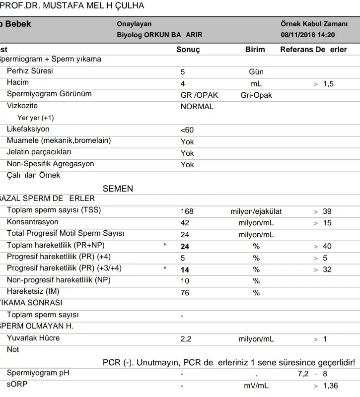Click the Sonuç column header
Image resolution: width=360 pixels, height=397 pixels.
click(188, 50)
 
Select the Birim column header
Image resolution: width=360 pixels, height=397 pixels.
click(255, 50)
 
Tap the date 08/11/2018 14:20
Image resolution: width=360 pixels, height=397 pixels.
click(307, 35)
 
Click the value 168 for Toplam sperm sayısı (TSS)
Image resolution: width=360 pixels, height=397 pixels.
click(187, 211)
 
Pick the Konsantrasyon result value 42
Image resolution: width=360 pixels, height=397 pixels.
click(185, 223)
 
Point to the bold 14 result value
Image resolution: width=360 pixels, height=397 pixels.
click(185, 269)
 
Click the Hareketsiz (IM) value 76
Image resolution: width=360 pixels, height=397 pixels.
click(185, 293)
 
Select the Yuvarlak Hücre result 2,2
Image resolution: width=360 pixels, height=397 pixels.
click(186, 339)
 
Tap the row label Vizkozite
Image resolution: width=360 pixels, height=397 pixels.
click(22, 106)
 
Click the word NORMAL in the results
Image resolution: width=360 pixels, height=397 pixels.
click(197, 106)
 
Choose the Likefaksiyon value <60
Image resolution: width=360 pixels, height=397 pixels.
click(187, 130)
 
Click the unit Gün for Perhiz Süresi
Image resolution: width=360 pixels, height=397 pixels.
click(256, 72)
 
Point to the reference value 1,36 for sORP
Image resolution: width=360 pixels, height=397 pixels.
click(330, 386)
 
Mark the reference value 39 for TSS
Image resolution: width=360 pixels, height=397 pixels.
click(327, 211)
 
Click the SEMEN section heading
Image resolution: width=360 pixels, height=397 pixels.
click(118, 189)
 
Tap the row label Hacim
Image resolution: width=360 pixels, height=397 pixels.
click(17, 82)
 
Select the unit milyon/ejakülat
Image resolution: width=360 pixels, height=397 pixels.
click(256, 211)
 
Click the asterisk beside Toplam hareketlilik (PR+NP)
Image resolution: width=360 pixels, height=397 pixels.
click(164, 246)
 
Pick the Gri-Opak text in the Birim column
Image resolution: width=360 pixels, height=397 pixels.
click(256, 95)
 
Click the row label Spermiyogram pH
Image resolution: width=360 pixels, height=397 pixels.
click(38, 373)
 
